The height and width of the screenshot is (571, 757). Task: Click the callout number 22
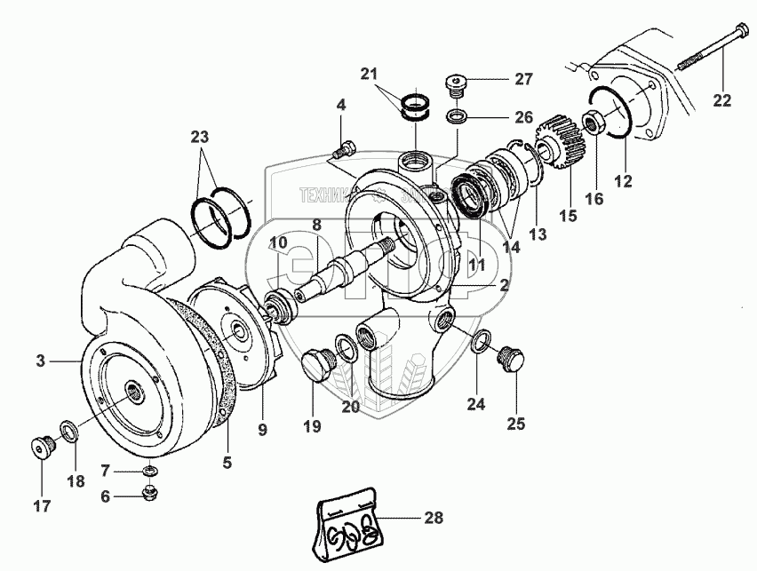click(x=721, y=100)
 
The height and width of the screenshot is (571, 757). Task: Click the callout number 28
click(x=433, y=518)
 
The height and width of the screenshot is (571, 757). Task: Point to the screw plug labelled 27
click(x=456, y=83)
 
